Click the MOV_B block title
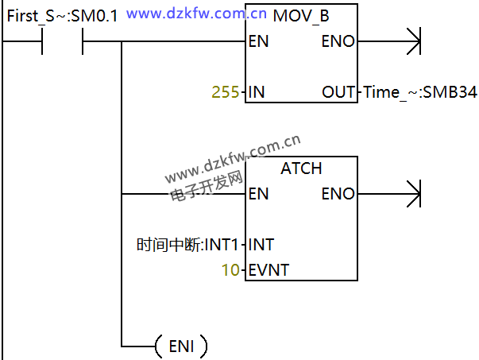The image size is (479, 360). click(x=301, y=15)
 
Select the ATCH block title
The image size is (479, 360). click(x=301, y=168)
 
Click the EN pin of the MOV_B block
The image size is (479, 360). click(x=258, y=41)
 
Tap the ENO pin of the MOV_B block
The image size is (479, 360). click(x=338, y=41)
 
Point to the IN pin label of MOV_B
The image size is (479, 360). click(x=256, y=92)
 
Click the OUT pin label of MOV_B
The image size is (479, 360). click(x=338, y=92)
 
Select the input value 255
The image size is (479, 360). click(x=226, y=92)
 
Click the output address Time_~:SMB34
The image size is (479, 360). click(x=419, y=92)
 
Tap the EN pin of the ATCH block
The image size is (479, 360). click(x=258, y=194)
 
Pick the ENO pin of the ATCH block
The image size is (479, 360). click(x=338, y=194)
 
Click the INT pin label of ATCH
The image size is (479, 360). click(x=261, y=245)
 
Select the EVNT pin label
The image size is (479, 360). click(x=268, y=270)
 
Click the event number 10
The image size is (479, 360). click(x=230, y=270)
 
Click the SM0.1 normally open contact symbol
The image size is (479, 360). click(x=61, y=42)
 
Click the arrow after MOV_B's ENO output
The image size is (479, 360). click(x=412, y=41)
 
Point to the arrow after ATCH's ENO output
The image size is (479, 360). click(x=412, y=194)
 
